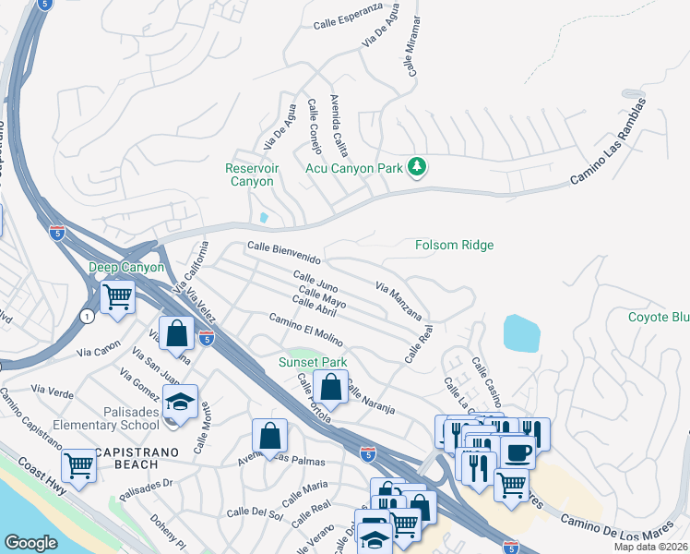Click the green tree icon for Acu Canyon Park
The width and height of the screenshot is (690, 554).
coord(418,167)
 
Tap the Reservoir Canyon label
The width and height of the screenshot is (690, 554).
coord(250,175)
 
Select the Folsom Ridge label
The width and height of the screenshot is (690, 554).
coord(453,245)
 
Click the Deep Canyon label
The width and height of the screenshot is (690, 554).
coord(126,268)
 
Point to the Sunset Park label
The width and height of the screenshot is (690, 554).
coord(313,363)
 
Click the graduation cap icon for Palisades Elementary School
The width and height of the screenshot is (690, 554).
coord(180,401)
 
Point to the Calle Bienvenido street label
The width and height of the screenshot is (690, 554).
coord(283,251)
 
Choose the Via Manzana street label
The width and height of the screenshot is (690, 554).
coord(399,300)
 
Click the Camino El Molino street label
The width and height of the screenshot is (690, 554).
coord(305,331)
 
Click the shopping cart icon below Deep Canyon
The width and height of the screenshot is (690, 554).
coord(118,297)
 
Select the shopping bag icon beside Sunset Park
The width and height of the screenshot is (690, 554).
coord(330,387)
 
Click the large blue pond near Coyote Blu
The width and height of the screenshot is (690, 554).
coord(521,332)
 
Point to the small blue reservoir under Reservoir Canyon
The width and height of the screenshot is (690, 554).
coord(265,218)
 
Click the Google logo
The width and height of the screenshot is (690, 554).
coord(30,543)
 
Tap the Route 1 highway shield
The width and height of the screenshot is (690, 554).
coord(87,316)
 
